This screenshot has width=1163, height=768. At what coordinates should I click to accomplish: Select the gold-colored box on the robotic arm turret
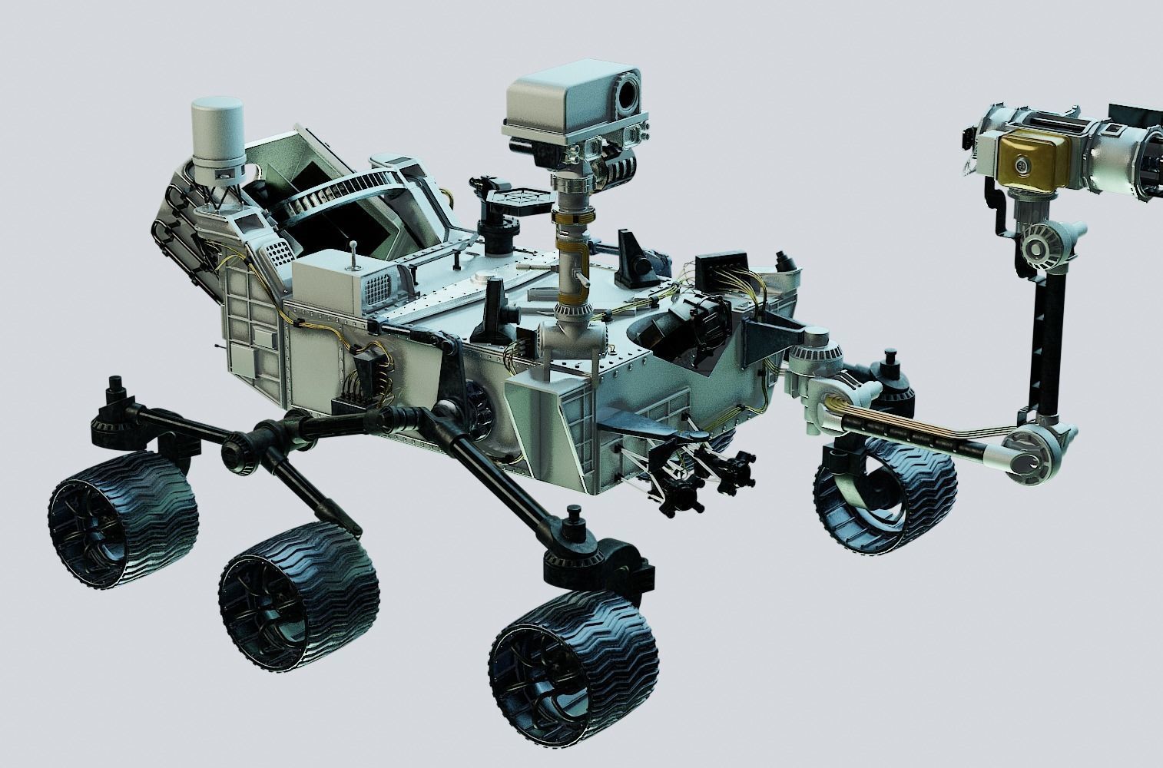pos(1028,162)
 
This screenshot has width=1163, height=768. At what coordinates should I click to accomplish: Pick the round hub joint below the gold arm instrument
pos(1041,247)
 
